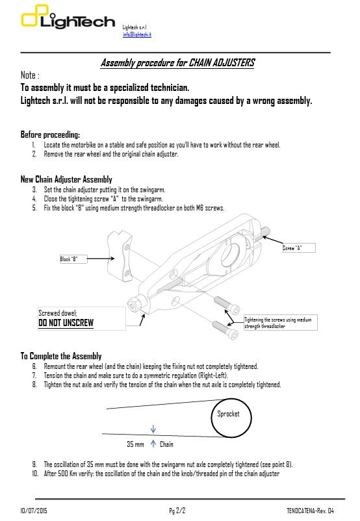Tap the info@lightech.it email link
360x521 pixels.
137,34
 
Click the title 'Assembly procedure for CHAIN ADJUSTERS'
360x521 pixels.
177,63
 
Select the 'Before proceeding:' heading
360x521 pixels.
50,134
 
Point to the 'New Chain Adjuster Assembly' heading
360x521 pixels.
66,179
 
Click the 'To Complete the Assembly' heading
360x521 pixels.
61,356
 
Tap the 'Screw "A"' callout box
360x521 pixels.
300,248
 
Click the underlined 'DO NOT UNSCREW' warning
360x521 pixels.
66,323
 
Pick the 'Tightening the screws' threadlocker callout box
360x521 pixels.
281,323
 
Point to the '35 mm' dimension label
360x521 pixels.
135,444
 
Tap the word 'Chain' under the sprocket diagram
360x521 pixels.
166,444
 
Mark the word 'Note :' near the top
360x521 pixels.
31,75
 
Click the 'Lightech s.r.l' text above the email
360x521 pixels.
135,27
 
